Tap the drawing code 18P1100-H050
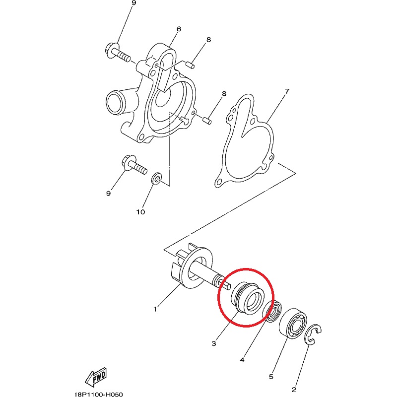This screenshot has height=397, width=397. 99,394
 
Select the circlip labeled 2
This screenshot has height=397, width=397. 313,334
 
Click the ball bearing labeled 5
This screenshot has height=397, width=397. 293,322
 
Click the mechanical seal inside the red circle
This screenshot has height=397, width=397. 248,297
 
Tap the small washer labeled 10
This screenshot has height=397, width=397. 157,178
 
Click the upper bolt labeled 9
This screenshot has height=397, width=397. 117,55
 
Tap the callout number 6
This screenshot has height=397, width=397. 179,29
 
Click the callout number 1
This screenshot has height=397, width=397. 155,309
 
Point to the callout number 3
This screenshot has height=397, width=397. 214,343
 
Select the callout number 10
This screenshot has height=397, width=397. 141,212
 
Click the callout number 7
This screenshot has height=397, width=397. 287,91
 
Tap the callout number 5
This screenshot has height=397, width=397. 271,377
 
